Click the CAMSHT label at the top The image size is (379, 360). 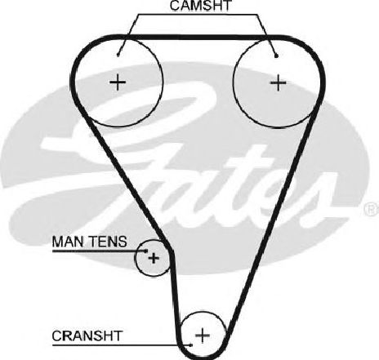point(200,6)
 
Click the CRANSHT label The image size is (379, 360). point(87,336)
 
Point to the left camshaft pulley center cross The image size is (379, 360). point(118,82)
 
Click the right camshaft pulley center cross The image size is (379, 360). point(278,82)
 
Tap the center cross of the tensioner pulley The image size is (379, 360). point(154,257)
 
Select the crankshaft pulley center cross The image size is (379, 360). point(203,335)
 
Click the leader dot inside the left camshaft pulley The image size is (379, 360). point(118,55)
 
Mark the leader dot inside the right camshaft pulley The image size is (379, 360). point(276,56)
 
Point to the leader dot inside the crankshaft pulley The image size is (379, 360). point(191,345)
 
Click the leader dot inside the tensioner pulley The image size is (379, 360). point(146,251)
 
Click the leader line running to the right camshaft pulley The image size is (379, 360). point(266,35)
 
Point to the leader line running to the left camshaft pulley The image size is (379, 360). point(128,34)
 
